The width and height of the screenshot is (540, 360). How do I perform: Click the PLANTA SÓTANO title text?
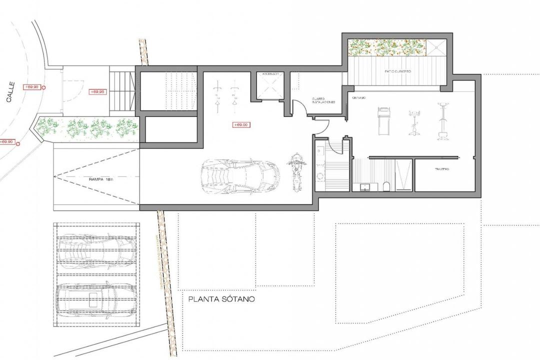pyautogui.click(x=221, y=300)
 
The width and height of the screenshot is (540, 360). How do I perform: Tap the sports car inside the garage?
pyautogui.click(x=239, y=175)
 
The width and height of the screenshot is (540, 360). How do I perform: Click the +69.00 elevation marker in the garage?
pyautogui.click(x=241, y=125)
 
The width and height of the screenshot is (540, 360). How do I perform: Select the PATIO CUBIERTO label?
pyautogui.click(x=398, y=72)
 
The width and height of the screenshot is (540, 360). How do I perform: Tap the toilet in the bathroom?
pyautogui.click(x=386, y=186)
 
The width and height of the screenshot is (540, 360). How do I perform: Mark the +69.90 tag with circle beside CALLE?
pyautogui.click(x=32, y=87)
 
